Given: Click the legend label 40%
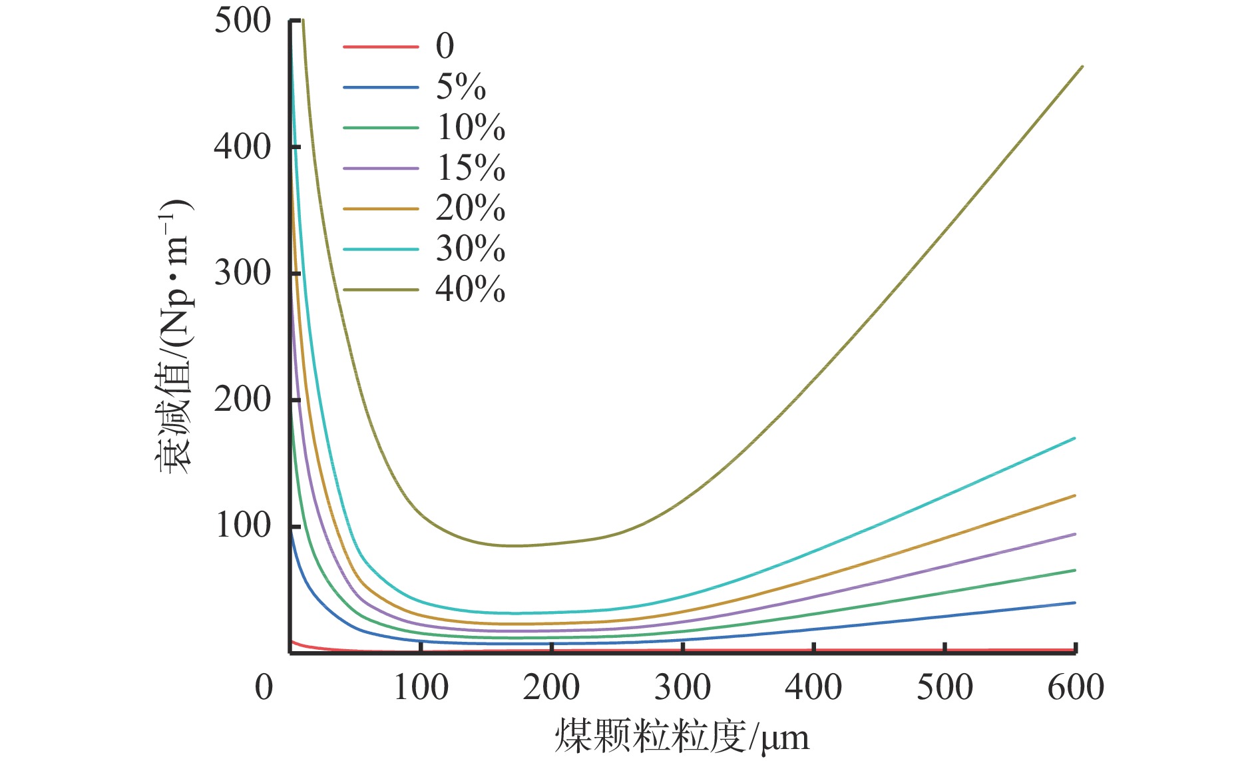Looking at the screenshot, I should pos(470,290).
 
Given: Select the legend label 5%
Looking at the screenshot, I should pos(461,87).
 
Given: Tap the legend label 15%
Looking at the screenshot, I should pos(470,168).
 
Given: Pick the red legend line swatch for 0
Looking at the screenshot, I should pos(381,47).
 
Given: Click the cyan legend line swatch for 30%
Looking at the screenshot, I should pos(381,249).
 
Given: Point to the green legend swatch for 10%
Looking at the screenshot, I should pos(381,128).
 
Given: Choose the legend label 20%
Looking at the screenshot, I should pos(470,208).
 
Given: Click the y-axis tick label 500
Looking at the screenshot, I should pos(243,21).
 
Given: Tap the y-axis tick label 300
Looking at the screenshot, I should pos(243,272).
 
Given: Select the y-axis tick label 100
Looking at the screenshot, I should pos(243,525).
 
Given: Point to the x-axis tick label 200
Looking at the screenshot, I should pos(551,687).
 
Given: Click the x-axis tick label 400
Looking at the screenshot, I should pos(813,687).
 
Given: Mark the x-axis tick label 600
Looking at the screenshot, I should pos(1076,687).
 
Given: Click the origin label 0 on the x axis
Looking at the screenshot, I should pos(264,687).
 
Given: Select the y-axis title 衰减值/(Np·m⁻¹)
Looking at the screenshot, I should pos(174,336).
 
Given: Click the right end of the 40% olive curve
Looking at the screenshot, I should pos(1082,67).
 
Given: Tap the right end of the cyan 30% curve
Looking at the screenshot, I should pos(1074,439).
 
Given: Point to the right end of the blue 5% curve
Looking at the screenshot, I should pos(1074,603).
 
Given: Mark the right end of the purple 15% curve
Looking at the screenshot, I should pos(1074,534).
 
